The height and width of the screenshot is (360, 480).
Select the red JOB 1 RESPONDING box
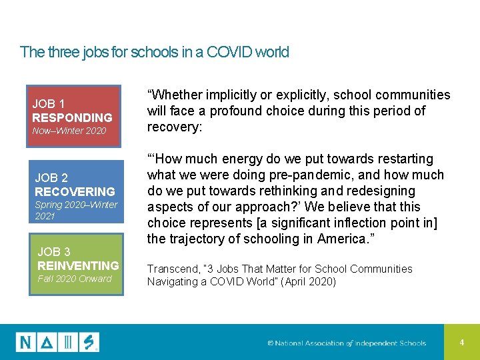[x=73, y=115]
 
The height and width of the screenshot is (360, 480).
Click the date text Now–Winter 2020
[x=69, y=131]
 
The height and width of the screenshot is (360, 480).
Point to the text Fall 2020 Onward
[x=75, y=279]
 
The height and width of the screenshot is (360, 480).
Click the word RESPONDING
[x=72, y=117]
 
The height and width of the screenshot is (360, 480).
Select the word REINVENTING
[x=78, y=265]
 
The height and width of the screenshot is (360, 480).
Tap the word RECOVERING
[x=75, y=191]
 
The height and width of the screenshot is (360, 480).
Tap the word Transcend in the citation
[x=172, y=269]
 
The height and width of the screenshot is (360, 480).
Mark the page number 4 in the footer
[x=461, y=342]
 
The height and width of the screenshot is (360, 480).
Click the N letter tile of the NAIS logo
[x=26, y=342]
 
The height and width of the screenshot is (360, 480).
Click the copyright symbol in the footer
[x=271, y=343]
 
